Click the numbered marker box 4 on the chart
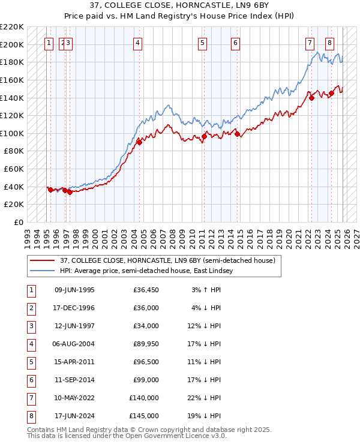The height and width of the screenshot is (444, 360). click(x=138, y=43)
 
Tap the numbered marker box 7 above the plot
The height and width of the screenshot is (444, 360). click(x=310, y=43)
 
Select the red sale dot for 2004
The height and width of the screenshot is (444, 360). click(x=139, y=142)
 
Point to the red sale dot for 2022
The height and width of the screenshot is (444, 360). click(x=311, y=98)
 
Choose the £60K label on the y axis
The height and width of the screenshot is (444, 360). click(x=14, y=169)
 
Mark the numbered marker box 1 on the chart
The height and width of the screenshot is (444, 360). click(x=49, y=43)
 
